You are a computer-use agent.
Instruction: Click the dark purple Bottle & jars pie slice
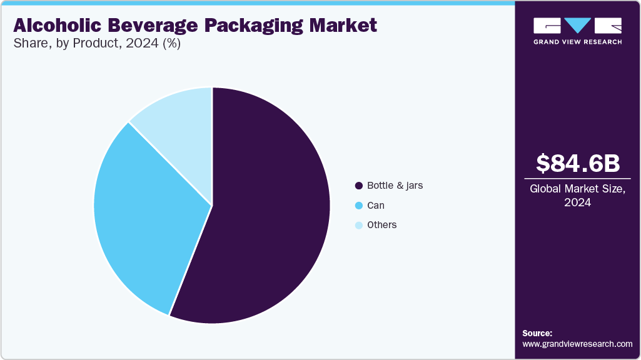click(x=269, y=212)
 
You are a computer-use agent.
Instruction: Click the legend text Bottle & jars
click(x=395, y=186)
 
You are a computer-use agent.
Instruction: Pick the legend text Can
click(x=376, y=205)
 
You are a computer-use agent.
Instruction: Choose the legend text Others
click(x=381, y=224)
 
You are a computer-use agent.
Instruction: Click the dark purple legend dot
click(x=359, y=186)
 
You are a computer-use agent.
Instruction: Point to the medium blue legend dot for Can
click(x=359, y=205)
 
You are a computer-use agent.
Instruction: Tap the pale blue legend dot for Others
click(x=359, y=225)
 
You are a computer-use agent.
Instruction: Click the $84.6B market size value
click(x=578, y=163)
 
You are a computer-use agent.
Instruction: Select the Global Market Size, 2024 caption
click(x=577, y=196)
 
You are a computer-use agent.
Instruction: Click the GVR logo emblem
click(x=577, y=26)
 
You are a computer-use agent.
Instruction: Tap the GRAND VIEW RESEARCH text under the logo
click(x=577, y=42)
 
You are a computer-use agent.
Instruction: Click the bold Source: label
click(x=537, y=333)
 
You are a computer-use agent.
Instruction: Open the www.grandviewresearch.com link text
click(x=577, y=344)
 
